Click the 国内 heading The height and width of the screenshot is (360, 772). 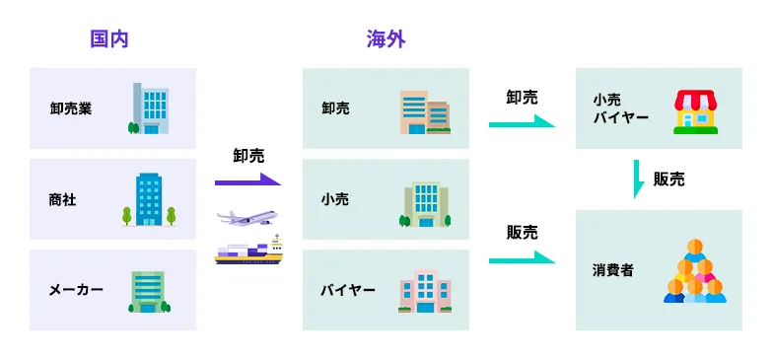[x=109, y=39]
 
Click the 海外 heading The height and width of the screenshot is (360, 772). [x=386, y=39]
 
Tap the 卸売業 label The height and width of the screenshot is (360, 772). [x=71, y=108]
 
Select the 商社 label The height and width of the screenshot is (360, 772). [x=62, y=199]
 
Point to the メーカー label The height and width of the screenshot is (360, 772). [x=76, y=290]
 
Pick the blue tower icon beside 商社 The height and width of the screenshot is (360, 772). [x=149, y=199]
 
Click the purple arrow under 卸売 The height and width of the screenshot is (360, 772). [x=247, y=181]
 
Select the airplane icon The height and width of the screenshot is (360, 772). [x=248, y=217]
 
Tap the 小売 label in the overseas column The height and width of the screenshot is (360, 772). [x=335, y=199]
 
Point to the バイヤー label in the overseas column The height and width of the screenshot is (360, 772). [x=348, y=290]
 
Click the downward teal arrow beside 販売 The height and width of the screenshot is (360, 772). [x=638, y=179]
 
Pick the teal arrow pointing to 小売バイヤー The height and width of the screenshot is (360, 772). [x=522, y=124]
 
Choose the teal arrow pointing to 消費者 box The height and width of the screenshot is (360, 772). [x=522, y=260]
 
